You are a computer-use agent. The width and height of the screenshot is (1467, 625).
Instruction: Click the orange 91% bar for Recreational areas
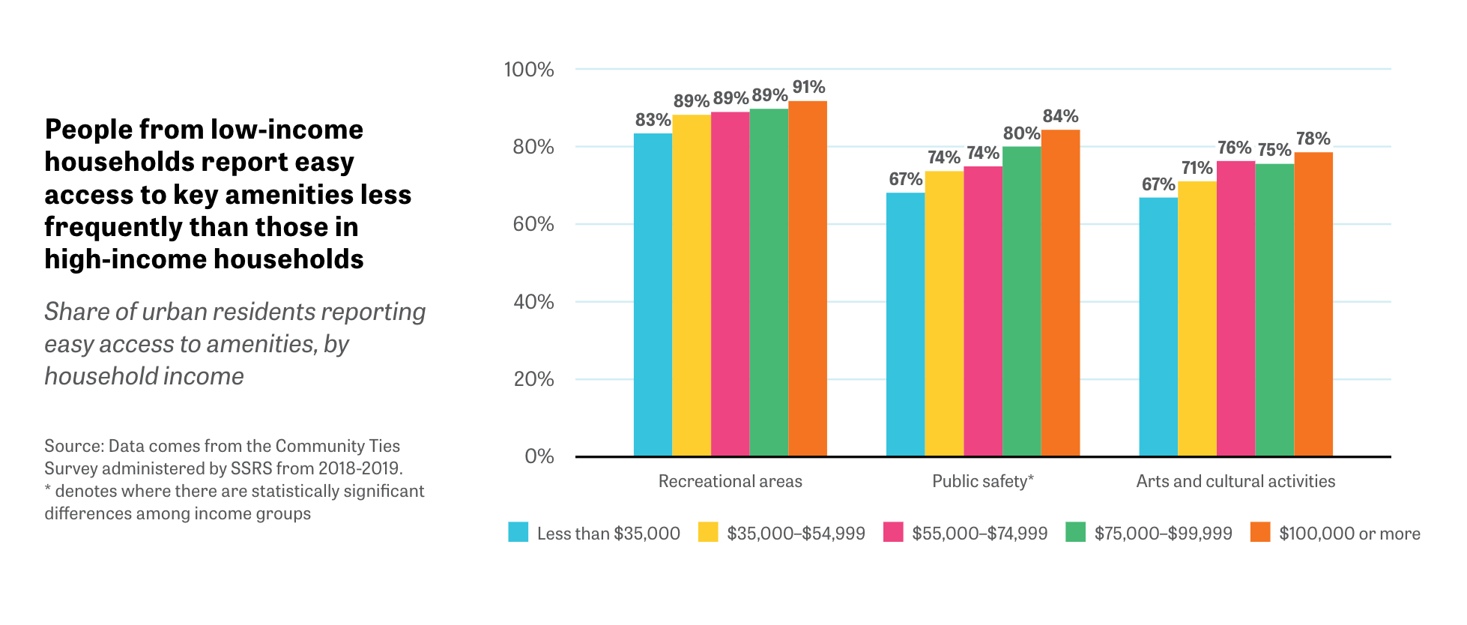(x=808, y=279)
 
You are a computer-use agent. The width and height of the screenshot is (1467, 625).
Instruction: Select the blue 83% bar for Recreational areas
(x=653, y=295)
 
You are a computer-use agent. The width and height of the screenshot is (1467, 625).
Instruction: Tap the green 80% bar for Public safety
(x=1022, y=301)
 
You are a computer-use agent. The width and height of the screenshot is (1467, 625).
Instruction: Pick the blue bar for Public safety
(x=906, y=324)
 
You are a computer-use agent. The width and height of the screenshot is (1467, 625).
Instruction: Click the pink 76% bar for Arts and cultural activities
(x=1236, y=309)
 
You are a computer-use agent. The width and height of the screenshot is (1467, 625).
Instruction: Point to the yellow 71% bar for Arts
(x=1197, y=318)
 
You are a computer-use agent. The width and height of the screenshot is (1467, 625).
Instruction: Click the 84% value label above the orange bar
(x=1061, y=116)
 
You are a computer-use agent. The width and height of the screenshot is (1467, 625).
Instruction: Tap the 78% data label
(x=1313, y=139)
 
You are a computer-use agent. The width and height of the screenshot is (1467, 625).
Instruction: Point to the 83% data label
(x=653, y=120)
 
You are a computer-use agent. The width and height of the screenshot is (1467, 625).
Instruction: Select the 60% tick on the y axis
(x=533, y=224)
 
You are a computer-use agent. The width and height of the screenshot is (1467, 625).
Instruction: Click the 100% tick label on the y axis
(x=529, y=70)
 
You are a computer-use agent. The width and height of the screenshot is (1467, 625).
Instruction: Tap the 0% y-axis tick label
(x=539, y=456)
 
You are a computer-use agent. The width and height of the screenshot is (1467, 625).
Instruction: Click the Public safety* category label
(x=983, y=481)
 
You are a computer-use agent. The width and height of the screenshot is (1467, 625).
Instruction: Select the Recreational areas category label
(x=731, y=481)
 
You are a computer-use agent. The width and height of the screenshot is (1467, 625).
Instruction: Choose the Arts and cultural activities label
(x=1236, y=481)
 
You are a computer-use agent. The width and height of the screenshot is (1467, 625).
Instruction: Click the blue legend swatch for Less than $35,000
(x=518, y=532)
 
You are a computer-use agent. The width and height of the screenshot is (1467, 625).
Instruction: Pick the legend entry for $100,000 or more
(x=1336, y=533)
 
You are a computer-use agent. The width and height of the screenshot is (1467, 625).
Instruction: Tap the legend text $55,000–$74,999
(x=980, y=534)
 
